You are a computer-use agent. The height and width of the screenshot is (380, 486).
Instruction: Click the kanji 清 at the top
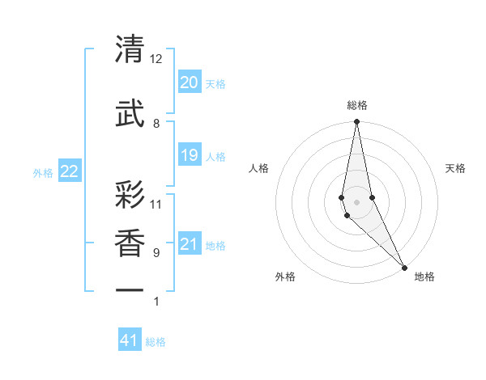coord(130,50)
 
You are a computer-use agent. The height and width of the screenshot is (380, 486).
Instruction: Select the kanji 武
coord(130,113)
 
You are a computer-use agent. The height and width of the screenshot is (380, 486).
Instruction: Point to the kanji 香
coord(130,243)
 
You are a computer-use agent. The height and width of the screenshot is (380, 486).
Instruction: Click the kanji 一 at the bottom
coord(130,289)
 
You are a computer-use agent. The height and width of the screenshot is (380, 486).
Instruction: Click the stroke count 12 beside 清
coord(156,59)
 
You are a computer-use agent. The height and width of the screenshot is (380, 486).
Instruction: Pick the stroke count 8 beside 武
coord(156,123)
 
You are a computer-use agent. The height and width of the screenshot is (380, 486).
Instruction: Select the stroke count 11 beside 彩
coord(156,204)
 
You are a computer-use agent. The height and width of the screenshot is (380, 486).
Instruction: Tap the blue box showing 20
coord(190,82)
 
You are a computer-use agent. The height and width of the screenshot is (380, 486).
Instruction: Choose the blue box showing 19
coord(190,155)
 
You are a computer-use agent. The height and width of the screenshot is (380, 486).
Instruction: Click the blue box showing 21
coord(190,244)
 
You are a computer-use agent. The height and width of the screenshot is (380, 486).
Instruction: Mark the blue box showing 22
coord(70,171)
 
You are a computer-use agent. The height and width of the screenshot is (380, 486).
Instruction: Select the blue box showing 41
coord(130,340)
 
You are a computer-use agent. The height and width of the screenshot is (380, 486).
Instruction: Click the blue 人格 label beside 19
coord(215,156)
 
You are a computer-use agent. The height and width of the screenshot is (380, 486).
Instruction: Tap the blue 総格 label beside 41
coord(156,342)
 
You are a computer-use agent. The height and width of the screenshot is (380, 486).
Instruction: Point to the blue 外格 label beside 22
coord(43,172)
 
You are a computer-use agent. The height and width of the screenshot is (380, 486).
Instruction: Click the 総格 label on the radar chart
coord(357,105)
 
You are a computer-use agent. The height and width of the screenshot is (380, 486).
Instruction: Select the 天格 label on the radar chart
coord(455,168)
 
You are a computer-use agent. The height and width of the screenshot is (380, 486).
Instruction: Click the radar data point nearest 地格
coord(404,266)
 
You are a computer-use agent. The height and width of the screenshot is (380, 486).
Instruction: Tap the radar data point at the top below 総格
coord(356,123)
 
